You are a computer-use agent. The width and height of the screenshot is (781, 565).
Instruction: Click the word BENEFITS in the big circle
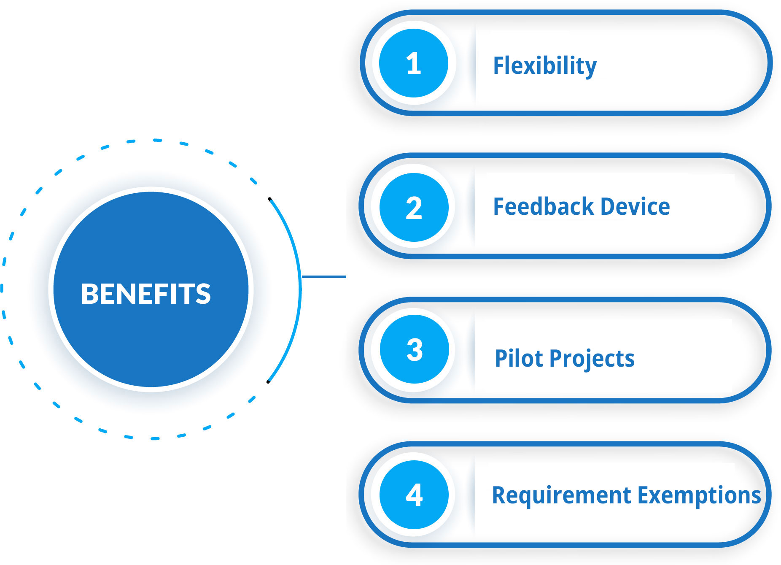[145, 294]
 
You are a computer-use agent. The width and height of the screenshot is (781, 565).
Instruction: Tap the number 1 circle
[413, 63]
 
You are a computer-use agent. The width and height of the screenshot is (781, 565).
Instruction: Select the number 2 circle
[414, 208]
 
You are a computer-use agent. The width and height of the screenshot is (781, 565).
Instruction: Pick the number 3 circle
[414, 349]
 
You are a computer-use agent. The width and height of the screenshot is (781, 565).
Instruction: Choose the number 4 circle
[414, 495]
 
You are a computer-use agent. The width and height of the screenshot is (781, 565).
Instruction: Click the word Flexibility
[545, 66]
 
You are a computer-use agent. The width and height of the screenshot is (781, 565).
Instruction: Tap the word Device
[635, 206]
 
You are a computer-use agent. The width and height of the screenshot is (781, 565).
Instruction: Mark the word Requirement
[562, 496]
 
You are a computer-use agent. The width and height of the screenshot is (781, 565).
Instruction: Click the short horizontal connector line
[324, 277]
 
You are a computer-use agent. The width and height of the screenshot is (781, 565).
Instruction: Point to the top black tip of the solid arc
[269, 199]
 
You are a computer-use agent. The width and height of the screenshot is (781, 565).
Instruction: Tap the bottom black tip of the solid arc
[268, 382]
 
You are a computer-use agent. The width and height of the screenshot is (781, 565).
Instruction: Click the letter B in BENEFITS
[90, 294]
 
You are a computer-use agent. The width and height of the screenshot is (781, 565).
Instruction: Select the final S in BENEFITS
[203, 294]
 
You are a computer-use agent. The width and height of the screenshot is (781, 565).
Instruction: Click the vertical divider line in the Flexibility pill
[476, 63]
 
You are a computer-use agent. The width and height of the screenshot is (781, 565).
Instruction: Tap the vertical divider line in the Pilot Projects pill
[475, 350]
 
